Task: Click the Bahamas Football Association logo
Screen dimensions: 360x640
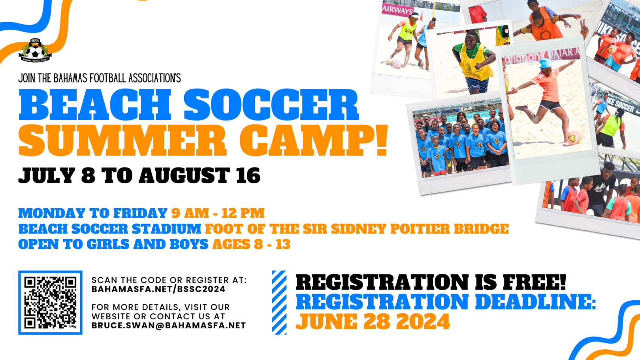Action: (35, 50)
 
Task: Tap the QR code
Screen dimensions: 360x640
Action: (50, 303)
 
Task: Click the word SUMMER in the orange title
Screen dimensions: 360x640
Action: (122, 141)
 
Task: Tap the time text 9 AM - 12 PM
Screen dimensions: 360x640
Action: (218, 213)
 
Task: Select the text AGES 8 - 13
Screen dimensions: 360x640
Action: (251, 244)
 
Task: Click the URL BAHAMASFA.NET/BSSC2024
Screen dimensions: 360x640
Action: (158, 289)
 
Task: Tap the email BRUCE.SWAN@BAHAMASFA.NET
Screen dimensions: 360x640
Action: (169, 326)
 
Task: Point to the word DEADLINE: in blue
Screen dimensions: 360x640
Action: (535, 302)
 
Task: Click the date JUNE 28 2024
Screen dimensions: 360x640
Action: (373, 322)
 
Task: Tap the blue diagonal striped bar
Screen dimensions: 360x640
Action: (279, 303)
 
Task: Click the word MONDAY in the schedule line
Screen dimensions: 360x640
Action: (52, 213)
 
